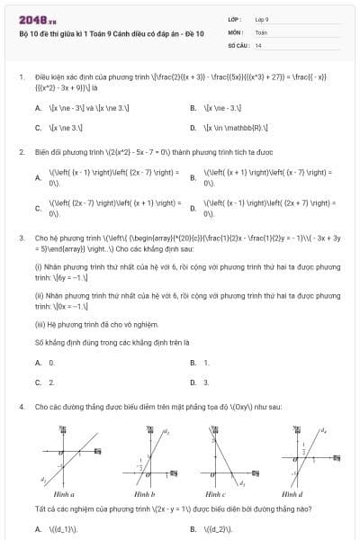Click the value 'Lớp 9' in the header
[x=263, y=18]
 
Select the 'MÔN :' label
[x=237, y=31]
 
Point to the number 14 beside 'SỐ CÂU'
[x=258, y=44]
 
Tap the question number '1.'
[x=21, y=77]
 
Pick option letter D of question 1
[x=193, y=128]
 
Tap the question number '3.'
[x=21, y=238]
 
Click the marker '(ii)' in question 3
[x=39, y=294]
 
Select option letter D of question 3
[x=193, y=382]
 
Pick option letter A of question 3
[x=38, y=362]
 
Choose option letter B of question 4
[x=193, y=528]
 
